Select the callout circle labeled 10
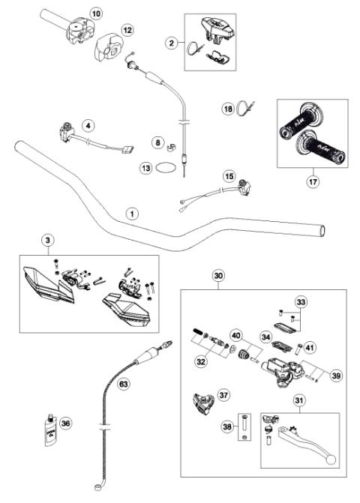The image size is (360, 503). pyautogui.click(x=94, y=13)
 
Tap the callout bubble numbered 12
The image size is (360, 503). pyautogui.click(x=127, y=30)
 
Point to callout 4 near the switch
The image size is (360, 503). pyautogui.click(x=88, y=125)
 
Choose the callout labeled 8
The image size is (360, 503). pyautogui.click(x=157, y=142)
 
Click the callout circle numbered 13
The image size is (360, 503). pyautogui.click(x=145, y=169)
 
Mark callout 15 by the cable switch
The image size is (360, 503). pyautogui.click(x=229, y=175)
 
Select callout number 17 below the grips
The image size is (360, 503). pyautogui.click(x=312, y=180)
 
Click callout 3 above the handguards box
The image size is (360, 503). pyautogui.click(x=48, y=240)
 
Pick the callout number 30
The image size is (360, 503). pyautogui.click(x=219, y=276)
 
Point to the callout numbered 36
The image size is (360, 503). pyautogui.click(x=66, y=424)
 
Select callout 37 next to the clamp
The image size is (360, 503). pyautogui.click(x=223, y=394)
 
